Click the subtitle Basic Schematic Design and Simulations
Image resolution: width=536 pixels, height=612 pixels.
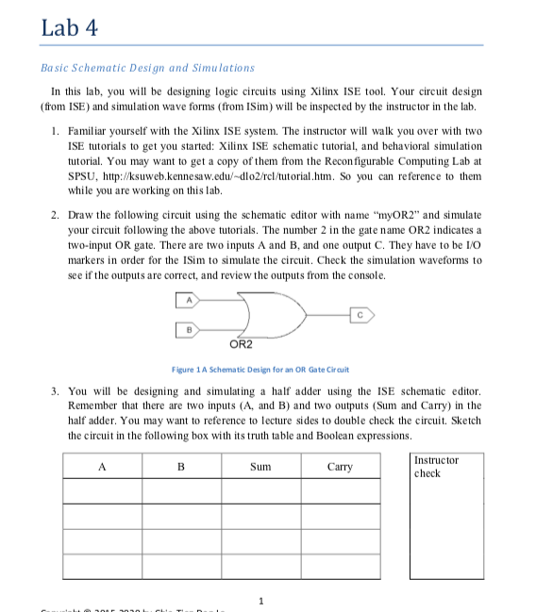[148, 68]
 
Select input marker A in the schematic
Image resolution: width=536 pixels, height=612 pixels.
[188, 300]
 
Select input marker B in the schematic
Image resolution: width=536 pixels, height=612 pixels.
[188, 328]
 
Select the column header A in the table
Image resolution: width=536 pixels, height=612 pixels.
[102, 467]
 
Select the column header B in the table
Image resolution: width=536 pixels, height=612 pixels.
[181, 467]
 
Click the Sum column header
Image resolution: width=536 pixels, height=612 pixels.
[260, 467]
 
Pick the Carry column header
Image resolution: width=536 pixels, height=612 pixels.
[340, 467]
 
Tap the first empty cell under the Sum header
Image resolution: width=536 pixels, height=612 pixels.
[260, 491]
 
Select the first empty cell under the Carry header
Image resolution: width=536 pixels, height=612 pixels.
[340, 491]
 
